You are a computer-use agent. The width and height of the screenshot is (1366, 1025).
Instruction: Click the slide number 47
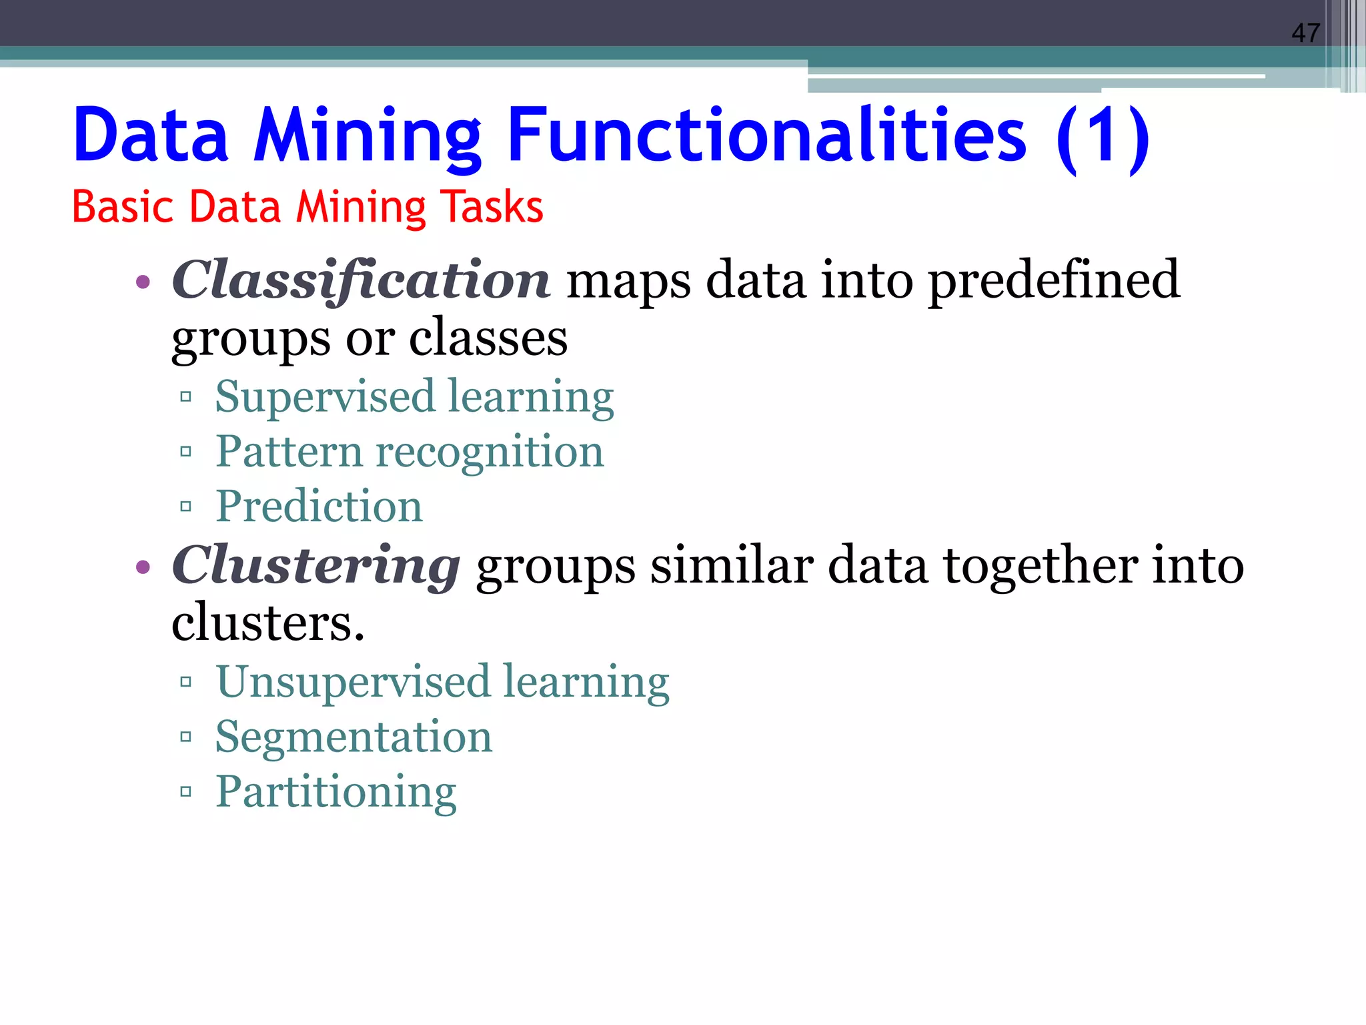pos(1305,33)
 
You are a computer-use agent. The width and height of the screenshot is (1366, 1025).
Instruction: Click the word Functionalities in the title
pos(766,136)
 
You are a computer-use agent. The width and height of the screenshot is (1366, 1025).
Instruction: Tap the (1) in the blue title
pos(1103,137)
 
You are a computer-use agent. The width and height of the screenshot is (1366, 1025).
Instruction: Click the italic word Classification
pos(361,280)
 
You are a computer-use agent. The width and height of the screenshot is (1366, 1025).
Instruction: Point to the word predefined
pos(1054,280)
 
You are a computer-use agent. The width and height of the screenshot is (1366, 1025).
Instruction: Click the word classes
pos(488,338)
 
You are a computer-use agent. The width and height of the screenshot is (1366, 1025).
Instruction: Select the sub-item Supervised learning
pos(414,397)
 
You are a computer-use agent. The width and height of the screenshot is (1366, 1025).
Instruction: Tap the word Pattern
pos(289,452)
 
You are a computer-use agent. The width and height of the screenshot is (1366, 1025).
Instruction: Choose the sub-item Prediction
pos(319,506)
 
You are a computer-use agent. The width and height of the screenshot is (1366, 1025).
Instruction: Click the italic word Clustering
pos(315,566)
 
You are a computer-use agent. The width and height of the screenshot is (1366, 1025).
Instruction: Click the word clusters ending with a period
pos(267,623)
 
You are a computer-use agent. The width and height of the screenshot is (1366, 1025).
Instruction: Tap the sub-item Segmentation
pos(354,737)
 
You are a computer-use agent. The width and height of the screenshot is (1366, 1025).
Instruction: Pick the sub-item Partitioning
pos(335,792)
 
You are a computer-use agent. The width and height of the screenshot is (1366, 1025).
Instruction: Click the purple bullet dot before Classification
pos(143,282)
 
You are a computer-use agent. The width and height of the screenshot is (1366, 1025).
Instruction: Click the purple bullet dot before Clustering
pos(143,568)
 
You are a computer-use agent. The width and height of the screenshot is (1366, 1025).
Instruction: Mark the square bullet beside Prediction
pos(186,506)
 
